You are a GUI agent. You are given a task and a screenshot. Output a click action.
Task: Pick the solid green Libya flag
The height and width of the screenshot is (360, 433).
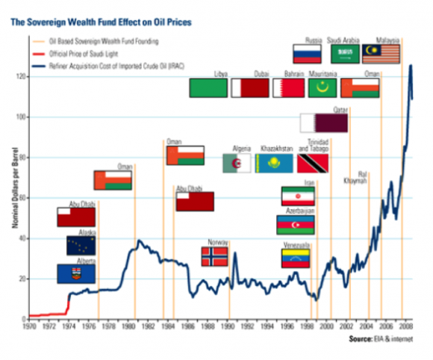click(208, 88)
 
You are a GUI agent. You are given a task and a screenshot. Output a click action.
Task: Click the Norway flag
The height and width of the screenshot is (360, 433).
click(215, 257)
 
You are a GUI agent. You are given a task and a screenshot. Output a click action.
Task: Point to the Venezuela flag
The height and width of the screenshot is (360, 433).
click(296, 258)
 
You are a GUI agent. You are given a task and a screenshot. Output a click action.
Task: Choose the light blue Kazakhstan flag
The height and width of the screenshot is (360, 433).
click(274, 164)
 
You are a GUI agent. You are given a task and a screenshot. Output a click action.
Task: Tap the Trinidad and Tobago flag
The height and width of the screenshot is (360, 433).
click(313, 164)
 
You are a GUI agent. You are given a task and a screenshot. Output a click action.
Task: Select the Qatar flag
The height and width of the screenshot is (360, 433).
click(324, 122)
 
